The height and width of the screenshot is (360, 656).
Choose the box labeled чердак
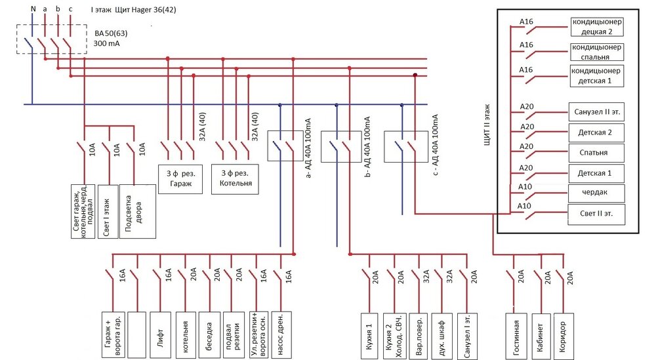(x=596, y=193)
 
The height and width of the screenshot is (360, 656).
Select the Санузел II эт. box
(x=596, y=112)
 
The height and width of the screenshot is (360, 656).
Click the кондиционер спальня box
(x=596, y=52)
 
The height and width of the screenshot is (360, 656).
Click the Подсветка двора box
(x=138, y=210)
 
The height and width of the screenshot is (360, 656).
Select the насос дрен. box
(x=280, y=332)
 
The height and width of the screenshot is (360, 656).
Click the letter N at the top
(x=32, y=9)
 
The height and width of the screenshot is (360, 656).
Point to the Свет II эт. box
(x=596, y=214)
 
